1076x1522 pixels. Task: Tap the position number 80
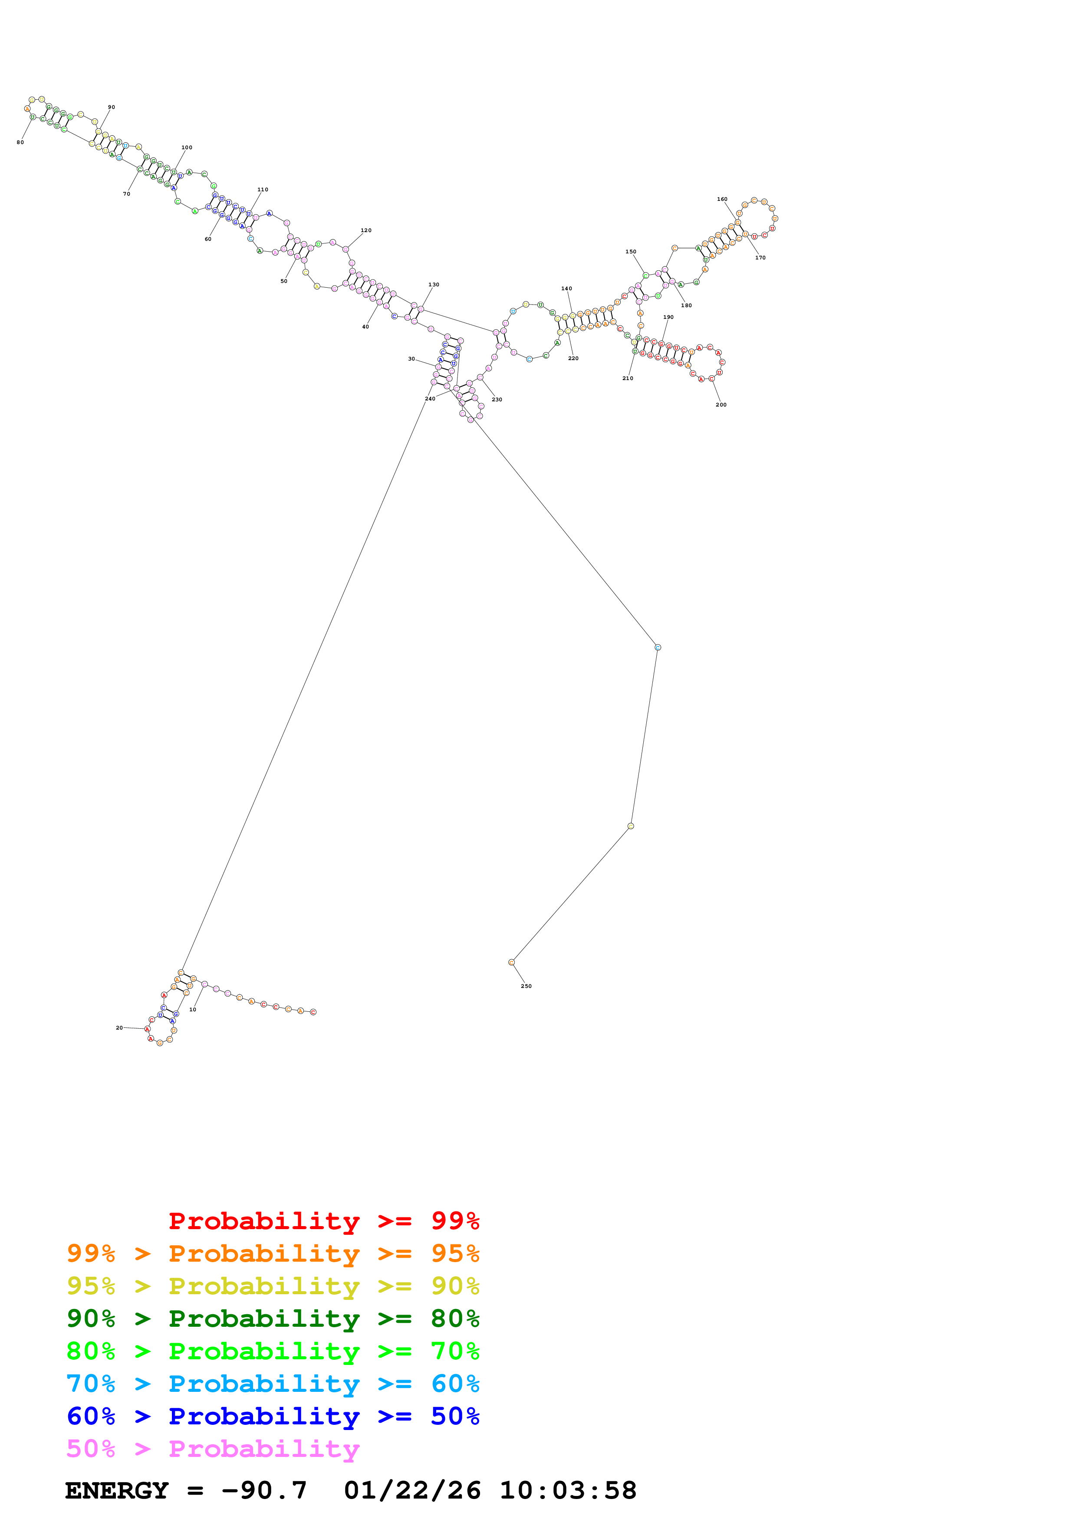[20, 142]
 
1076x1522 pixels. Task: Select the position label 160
[722, 199]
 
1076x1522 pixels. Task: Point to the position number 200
[721, 404]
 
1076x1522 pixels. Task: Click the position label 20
[119, 1027]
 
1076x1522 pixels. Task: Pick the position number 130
[434, 284]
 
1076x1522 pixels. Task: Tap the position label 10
[193, 1010]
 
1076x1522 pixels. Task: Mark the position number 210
[627, 378]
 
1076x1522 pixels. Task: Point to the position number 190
[668, 317]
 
